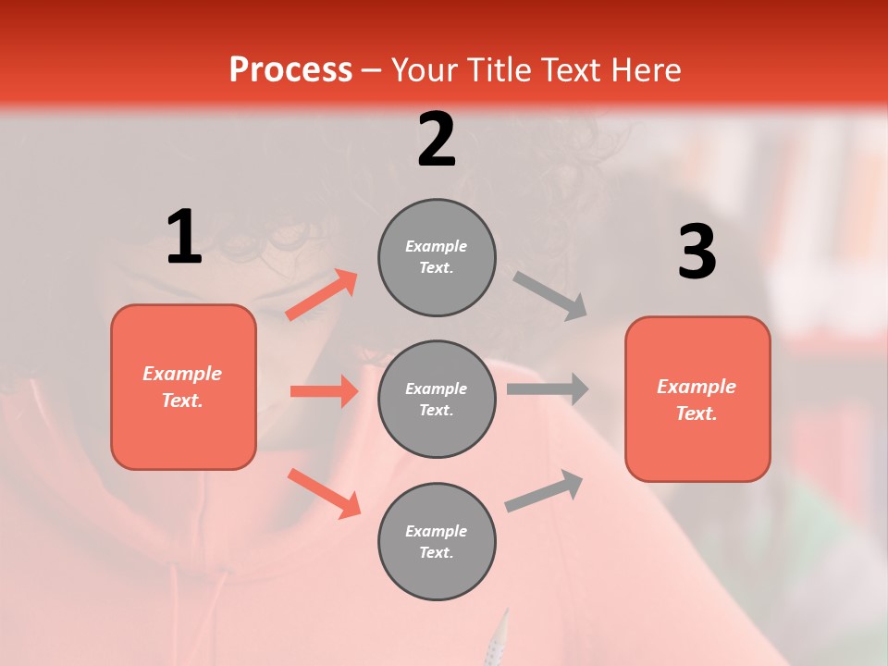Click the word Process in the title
click(x=290, y=70)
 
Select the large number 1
click(x=184, y=238)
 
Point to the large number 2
click(x=437, y=141)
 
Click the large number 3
click(x=697, y=253)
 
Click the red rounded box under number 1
click(x=183, y=387)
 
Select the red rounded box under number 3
click(x=697, y=399)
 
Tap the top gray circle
click(x=437, y=257)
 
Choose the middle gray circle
click(x=437, y=399)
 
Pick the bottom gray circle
click(x=437, y=541)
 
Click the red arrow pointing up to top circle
click(x=322, y=295)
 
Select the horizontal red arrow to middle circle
click(x=324, y=391)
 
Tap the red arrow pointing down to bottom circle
click(x=324, y=493)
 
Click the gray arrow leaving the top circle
click(x=550, y=295)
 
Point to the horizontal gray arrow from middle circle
click(x=548, y=388)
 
